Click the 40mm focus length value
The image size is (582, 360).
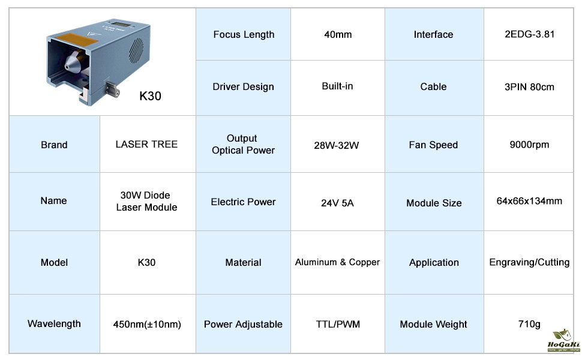click(x=338, y=35)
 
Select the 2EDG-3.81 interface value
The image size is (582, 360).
click(x=530, y=34)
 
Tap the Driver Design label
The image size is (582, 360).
click(x=243, y=87)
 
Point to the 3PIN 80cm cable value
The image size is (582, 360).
click(x=529, y=87)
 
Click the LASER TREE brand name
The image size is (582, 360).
click(x=146, y=145)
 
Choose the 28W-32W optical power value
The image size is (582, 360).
click(x=338, y=145)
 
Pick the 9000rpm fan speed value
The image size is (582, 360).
click(x=529, y=145)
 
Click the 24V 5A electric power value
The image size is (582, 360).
click(x=338, y=203)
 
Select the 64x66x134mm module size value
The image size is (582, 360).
click(x=529, y=201)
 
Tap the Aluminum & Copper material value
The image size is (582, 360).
click(x=338, y=262)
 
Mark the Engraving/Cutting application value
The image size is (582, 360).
click(x=529, y=262)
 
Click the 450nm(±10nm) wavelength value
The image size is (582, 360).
click(x=147, y=325)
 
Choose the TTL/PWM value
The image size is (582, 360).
click(x=338, y=325)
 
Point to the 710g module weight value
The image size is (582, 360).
click(x=529, y=325)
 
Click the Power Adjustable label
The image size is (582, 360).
click(x=243, y=325)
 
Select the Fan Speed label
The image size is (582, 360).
click(x=433, y=145)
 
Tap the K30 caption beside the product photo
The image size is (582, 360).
click(x=150, y=96)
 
